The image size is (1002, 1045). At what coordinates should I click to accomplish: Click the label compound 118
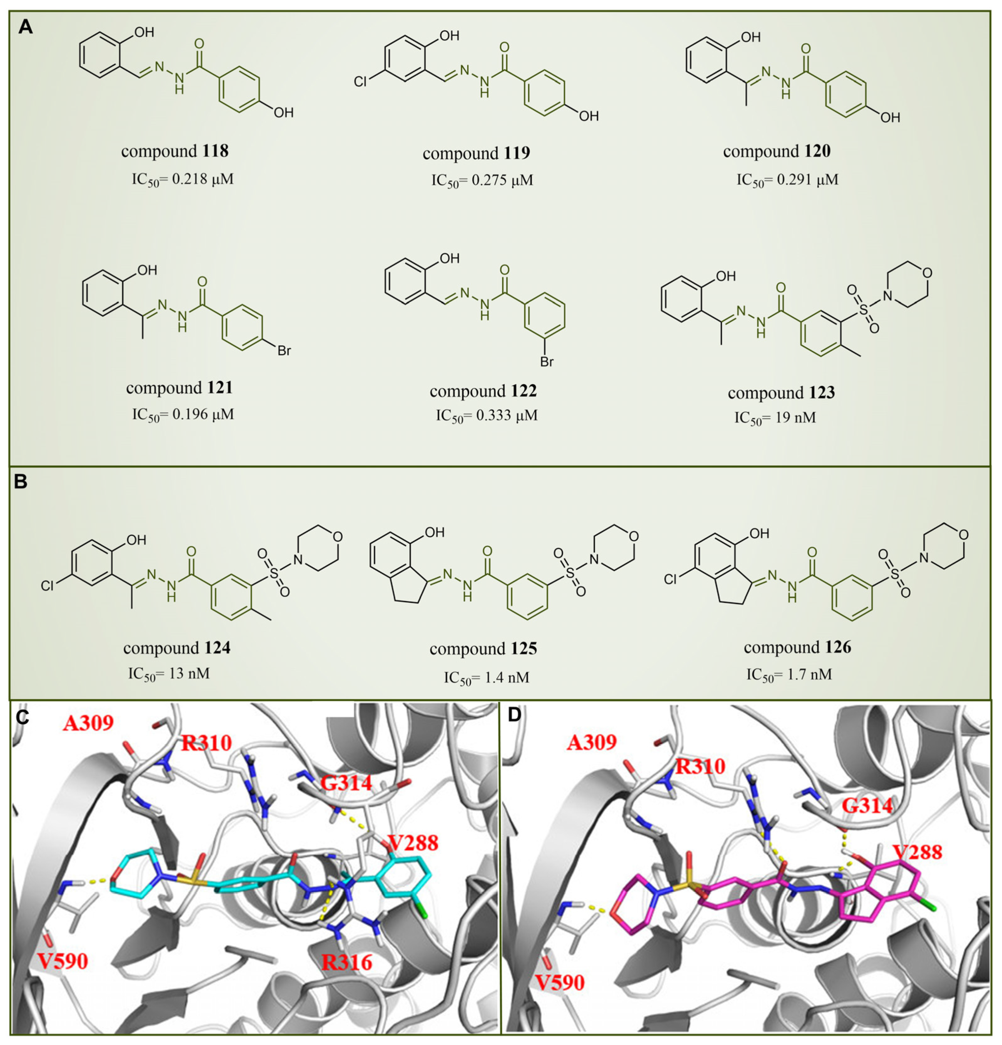175,151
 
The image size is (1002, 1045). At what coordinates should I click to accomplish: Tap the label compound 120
777,151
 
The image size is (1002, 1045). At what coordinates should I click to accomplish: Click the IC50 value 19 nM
775,417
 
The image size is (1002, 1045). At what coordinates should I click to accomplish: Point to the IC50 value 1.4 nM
486,677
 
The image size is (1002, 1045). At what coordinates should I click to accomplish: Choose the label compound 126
797,647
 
